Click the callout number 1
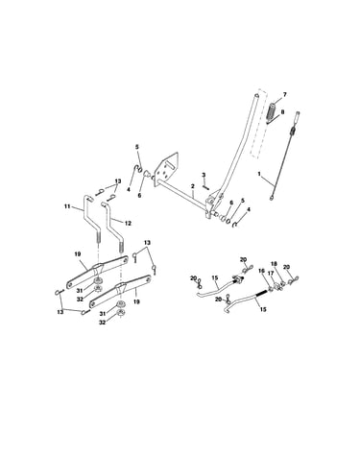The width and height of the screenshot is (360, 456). click(259, 174)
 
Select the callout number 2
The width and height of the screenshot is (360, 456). click(193, 186)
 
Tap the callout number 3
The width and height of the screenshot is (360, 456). click(204, 175)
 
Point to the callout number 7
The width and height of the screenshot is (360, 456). click(284, 95)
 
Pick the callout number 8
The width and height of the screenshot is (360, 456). click(282, 111)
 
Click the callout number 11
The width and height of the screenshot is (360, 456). click(67, 206)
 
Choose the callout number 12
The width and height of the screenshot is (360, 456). click(128, 224)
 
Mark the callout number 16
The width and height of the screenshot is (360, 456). click(261, 271)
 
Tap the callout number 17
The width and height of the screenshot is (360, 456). click(271, 274)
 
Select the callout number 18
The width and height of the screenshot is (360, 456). click(274, 264)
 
